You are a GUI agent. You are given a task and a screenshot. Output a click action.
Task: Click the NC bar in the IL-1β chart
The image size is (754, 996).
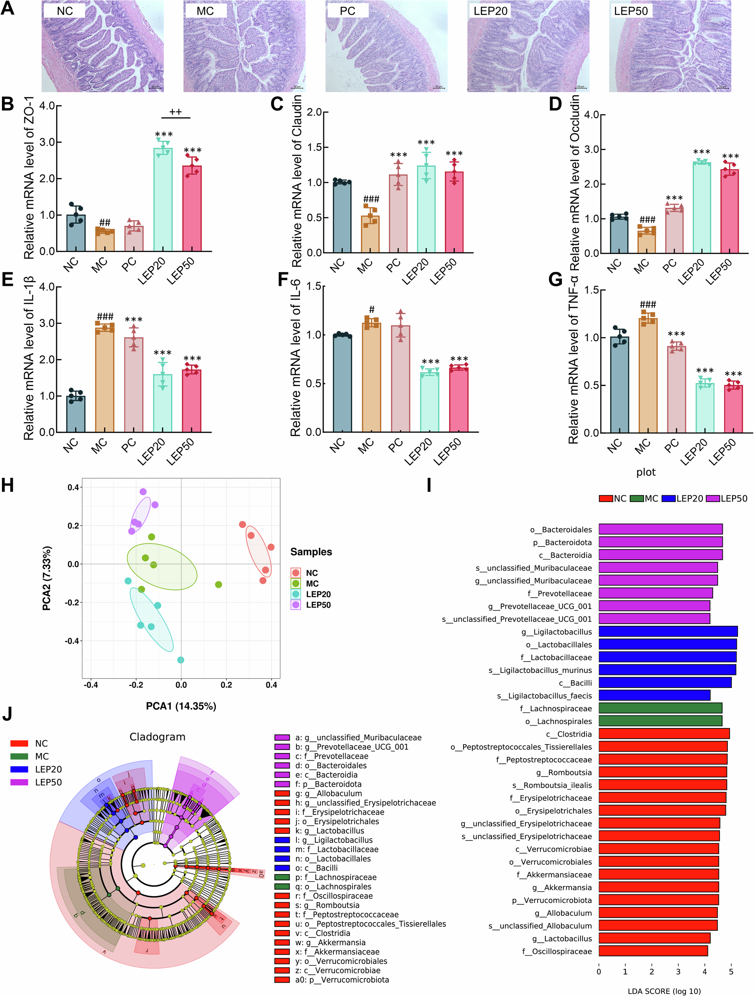[76, 414]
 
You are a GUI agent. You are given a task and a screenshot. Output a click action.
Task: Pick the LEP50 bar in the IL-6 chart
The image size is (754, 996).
[459, 401]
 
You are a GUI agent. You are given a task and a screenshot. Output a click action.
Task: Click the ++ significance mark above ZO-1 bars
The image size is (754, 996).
[176, 112]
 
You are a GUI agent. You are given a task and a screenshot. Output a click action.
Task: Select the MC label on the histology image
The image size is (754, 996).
[205, 11]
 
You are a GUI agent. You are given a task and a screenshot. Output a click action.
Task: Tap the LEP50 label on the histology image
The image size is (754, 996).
[630, 11]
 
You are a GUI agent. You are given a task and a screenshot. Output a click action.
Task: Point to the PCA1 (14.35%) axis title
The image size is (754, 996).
[181, 705]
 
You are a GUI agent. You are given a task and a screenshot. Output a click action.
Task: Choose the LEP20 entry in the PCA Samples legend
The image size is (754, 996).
[318, 594]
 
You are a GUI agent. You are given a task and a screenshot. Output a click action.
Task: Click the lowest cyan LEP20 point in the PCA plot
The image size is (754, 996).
[180, 660]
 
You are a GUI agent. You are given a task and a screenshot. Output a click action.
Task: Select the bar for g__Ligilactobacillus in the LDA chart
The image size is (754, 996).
[668, 631]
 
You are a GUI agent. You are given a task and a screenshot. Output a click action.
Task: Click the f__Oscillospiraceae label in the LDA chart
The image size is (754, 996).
[557, 951]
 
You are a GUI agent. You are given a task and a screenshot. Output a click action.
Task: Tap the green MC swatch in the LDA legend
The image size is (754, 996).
[636, 498]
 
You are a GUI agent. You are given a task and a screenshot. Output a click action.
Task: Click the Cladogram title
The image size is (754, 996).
[157, 736]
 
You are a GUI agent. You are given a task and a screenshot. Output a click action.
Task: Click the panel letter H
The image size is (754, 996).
[8, 486]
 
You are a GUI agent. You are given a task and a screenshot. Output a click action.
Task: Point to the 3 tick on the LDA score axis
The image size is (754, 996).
[678, 971]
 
